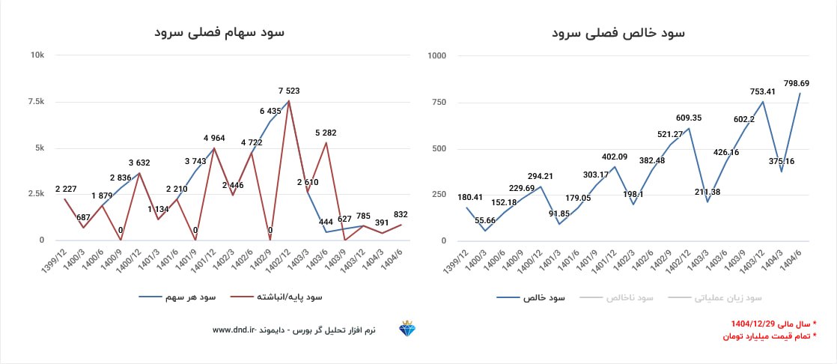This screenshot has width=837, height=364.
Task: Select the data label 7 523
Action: click(x=289, y=91)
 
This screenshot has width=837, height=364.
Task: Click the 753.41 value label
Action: click(x=764, y=92)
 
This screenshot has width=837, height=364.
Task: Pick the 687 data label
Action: click(x=83, y=218)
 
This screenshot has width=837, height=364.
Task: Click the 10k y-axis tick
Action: click(x=37, y=55)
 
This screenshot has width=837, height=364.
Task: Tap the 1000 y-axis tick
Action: click(x=437, y=55)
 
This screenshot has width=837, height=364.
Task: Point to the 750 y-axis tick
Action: click(x=439, y=102)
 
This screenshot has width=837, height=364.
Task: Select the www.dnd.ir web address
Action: click(x=235, y=330)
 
